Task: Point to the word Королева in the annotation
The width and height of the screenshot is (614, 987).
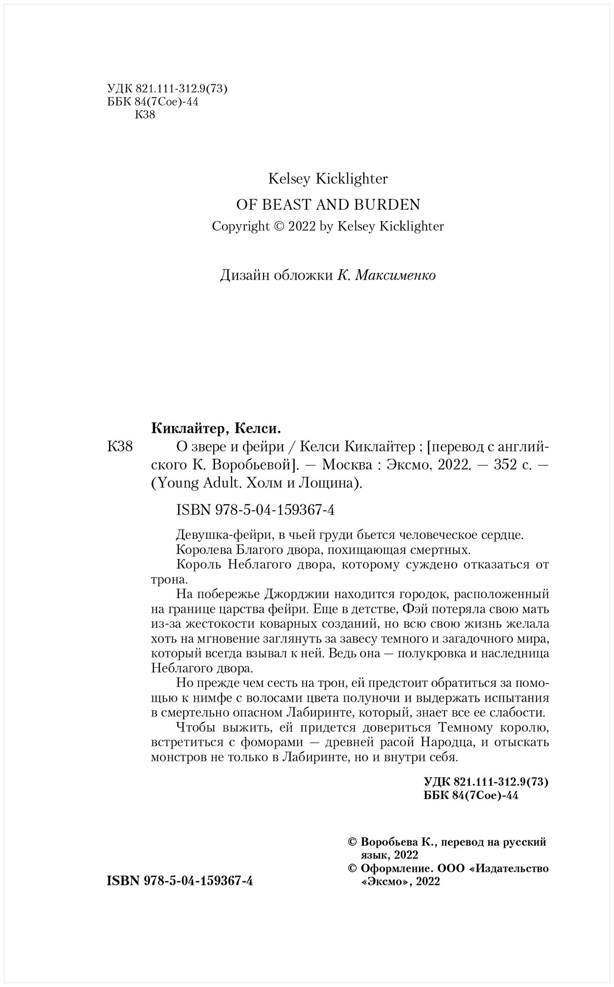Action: (199, 549)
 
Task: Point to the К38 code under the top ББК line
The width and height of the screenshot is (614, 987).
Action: (145, 115)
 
